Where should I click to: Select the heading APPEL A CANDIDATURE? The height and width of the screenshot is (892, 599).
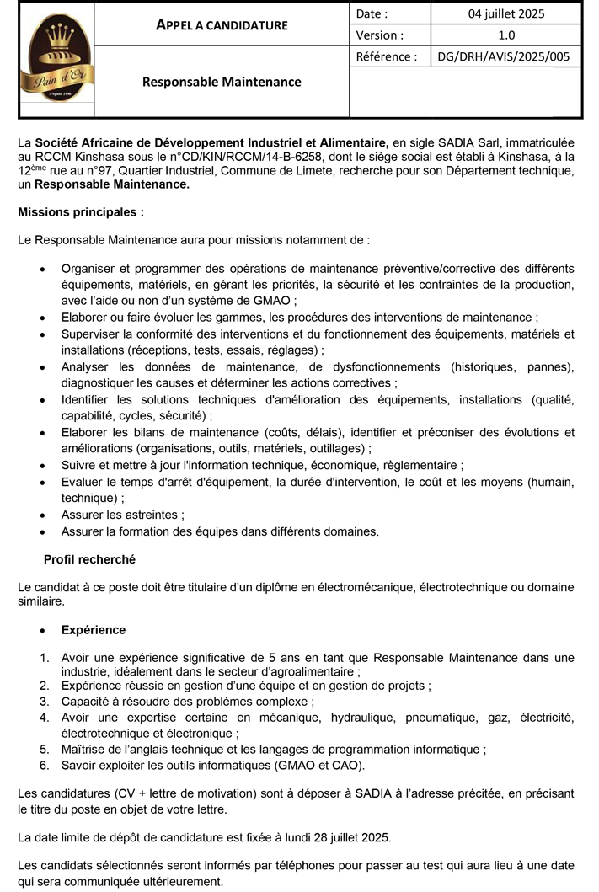[222, 24]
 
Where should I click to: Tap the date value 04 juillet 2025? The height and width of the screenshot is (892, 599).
[505, 13]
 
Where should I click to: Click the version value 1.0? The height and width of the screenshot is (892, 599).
[505, 35]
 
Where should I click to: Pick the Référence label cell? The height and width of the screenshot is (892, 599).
[387, 56]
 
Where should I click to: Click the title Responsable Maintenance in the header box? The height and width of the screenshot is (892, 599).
[222, 82]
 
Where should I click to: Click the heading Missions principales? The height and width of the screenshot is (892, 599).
[81, 211]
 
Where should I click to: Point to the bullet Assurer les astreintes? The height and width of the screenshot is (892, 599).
[122, 514]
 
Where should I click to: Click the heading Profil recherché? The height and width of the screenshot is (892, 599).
[89, 558]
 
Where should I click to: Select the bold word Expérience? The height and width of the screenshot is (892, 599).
[94, 629]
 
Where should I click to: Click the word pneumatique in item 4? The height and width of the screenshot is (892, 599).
[436, 717]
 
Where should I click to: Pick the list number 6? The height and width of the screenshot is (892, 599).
[44, 765]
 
